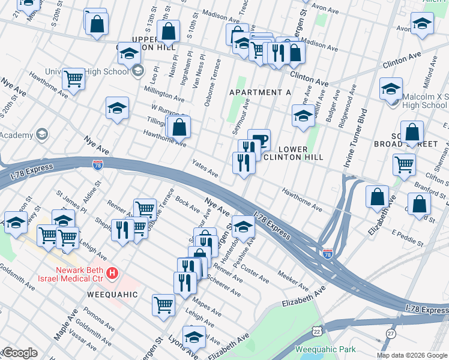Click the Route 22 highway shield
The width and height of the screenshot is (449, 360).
point(316,331)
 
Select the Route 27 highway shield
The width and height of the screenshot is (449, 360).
point(391,333)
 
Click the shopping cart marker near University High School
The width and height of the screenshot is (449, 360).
point(73,78)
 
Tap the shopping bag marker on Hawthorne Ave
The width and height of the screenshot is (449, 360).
point(179,127)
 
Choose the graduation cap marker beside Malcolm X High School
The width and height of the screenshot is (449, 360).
point(391,89)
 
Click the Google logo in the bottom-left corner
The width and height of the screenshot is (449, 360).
point(19,353)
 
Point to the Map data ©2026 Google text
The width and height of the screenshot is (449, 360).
point(412,355)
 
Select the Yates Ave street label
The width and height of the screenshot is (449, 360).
point(205,167)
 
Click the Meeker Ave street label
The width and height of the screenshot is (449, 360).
point(293,277)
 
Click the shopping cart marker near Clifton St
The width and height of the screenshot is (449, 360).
point(404,163)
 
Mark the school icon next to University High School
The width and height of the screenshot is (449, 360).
point(137,71)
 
